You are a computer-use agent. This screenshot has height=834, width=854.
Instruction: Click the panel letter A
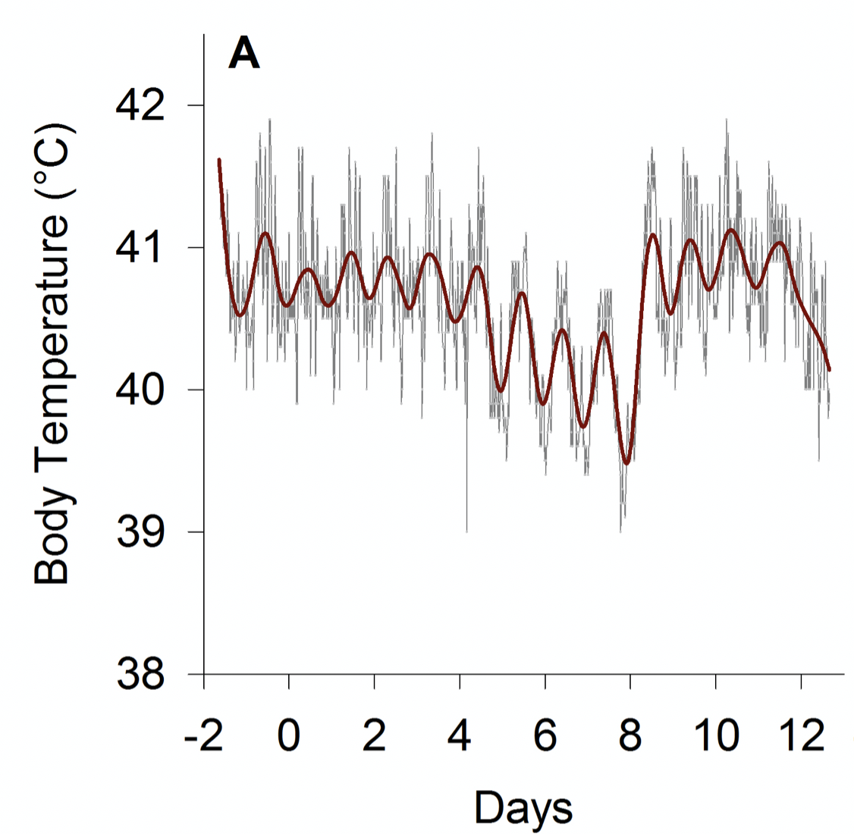pyautogui.click(x=244, y=55)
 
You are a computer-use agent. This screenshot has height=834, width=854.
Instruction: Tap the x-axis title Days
pyautogui.click(x=523, y=807)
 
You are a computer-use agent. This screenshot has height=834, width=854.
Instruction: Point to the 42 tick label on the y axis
pyautogui.click(x=140, y=105)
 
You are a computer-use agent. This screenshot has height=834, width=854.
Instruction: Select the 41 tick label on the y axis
pyautogui.click(x=140, y=248)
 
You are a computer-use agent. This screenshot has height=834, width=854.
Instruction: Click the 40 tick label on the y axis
pyautogui.click(x=140, y=390)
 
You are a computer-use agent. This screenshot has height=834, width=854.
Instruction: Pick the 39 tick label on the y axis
pyautogui.click(x=140, y=532)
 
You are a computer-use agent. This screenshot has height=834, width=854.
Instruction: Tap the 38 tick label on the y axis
pyautogui.click(x=140, y=674)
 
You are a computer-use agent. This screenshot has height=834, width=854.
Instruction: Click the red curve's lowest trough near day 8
pyautogui.click(x=626, y=462)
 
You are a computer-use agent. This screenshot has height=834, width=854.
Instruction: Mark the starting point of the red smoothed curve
pyautogui.click(x=219, y=160)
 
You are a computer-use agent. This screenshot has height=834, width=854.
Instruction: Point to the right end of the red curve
pyautogui.click(x=830, y=369)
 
